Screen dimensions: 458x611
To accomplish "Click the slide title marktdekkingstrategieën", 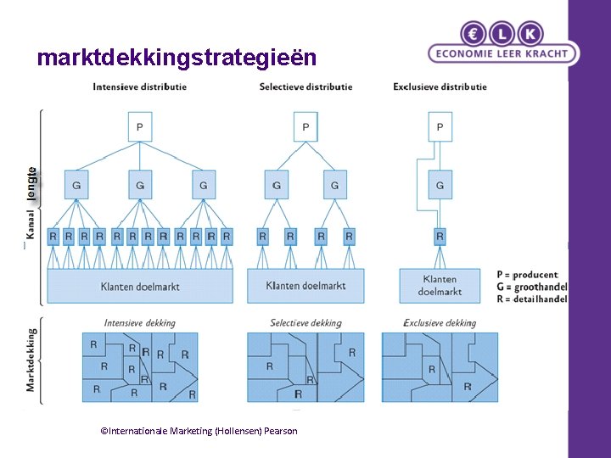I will pos(177,58).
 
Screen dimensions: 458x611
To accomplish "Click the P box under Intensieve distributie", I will pos(139,127).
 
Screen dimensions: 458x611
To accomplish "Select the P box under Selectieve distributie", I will pos(305,127).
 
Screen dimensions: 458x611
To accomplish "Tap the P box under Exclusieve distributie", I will pos(440,127).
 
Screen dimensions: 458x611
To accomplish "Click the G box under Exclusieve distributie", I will pos(440,185).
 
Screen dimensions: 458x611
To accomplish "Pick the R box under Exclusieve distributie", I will pos(440,237).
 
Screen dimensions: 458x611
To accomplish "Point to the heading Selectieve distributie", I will pos(305,87).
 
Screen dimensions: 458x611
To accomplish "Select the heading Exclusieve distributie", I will pos(440,87).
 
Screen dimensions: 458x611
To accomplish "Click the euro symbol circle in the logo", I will pos(474,34).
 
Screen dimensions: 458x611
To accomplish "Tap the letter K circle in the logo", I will pos(530,34).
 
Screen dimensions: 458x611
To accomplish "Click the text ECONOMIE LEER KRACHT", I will pos(503,53).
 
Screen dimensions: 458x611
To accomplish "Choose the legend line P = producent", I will pos(527,275).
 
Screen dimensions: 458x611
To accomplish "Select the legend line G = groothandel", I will pos(532,288).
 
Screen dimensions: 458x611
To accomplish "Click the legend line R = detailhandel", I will pos(532,299).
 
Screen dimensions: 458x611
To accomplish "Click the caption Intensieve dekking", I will pos(139,323).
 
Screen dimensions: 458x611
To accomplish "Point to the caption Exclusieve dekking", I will pos(440,323).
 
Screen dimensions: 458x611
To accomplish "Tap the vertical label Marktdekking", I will pos(31,360).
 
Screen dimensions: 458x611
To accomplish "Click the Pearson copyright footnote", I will pos(199,431).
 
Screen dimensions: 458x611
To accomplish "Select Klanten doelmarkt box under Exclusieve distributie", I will pos(440,285).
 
